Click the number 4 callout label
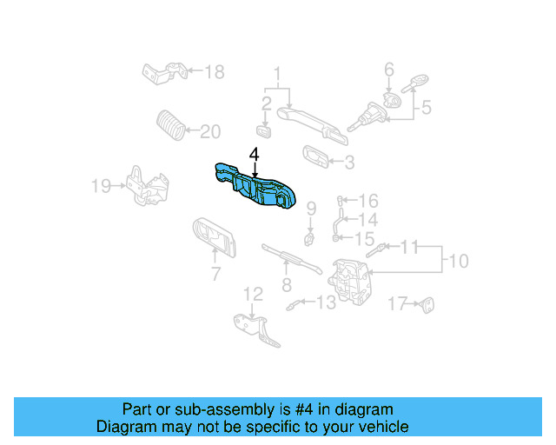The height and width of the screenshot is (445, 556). coord(254,155)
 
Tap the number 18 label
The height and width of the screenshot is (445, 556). coord(214,70)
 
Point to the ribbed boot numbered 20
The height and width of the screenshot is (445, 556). coord(170,127)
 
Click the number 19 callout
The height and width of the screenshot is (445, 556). coord(103,184)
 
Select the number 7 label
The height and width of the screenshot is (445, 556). coord(215,276)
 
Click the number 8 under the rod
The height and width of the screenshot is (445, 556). coord(286,284)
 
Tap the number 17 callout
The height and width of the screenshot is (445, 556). coord(397,303)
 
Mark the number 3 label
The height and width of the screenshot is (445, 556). coord(349,162)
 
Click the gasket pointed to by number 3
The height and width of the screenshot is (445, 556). coord(316,156)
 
